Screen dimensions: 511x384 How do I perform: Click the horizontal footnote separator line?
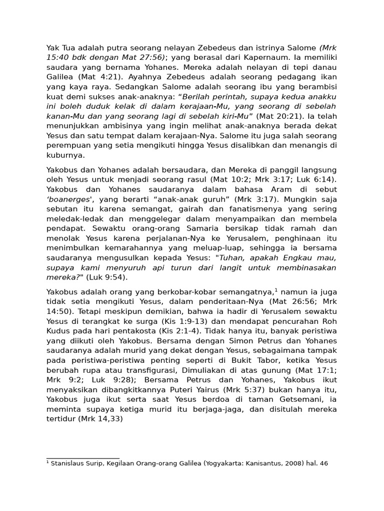point(82,458)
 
